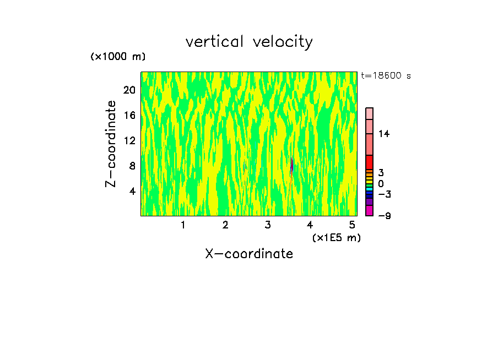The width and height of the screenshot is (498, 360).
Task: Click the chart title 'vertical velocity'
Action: [x=249, y=42]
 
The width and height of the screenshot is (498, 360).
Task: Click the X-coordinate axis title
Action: [x=249, y=254]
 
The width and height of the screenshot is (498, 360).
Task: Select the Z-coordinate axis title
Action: [x=111, y=144]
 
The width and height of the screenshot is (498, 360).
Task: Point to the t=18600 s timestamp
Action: [x=386, y=76]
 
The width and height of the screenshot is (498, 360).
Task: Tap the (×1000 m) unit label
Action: [x=118, y=57]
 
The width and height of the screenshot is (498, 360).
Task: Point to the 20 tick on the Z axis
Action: [x=129, y=90]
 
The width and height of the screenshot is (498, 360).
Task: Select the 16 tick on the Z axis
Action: [x=129, y=116]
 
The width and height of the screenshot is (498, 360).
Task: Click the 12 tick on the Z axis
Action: [x=129, y=141]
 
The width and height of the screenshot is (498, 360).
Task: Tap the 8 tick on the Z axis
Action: [x=132, y=166]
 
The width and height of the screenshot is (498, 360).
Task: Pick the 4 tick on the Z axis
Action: [x=132, y=192]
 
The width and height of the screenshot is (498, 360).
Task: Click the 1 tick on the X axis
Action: [x=183, y=225]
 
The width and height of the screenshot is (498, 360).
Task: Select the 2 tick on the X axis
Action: [x=225, y=225]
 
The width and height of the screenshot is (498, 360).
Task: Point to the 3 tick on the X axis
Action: [x=268, y=225]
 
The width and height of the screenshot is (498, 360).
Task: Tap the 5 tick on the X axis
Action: [x=352, y=225]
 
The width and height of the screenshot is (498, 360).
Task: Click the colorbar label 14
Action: [x=385, y=134]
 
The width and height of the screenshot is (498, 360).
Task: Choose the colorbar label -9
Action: [x=384, y=216]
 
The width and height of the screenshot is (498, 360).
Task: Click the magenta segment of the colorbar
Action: [x=370, y=210]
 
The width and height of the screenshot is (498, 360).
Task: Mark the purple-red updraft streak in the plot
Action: [x=291, y=164]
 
